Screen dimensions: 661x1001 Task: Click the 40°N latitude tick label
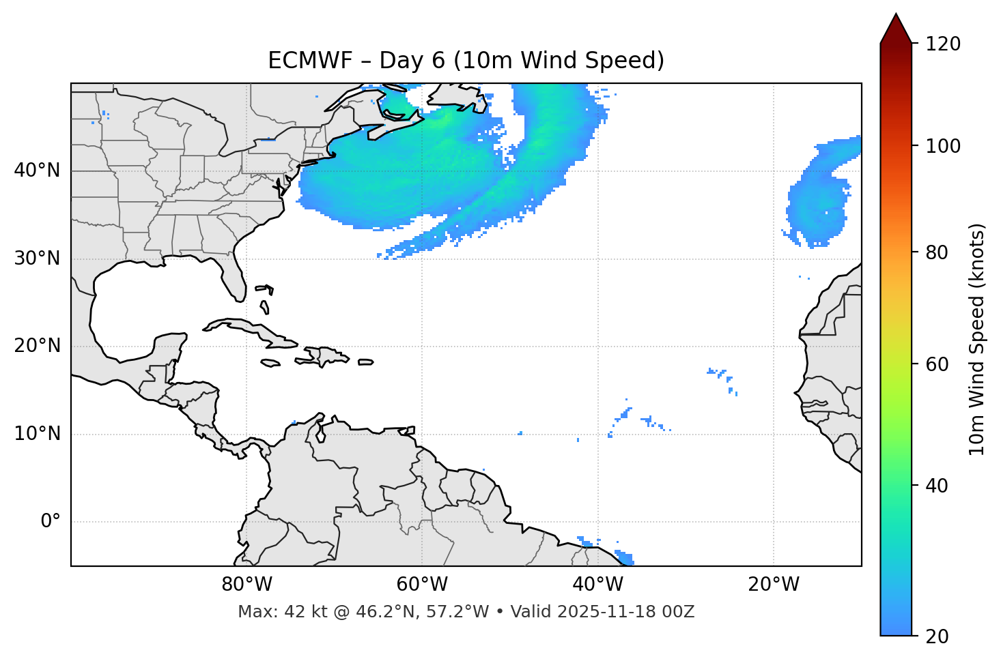(x=37, y=171)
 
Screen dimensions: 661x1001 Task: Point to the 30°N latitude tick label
(x=37, y=259)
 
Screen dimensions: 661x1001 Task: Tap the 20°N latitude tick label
(x=37, y=346)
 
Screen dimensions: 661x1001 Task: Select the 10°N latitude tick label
(x=37, y=434)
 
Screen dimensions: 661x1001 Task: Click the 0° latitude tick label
(x=51, y=522)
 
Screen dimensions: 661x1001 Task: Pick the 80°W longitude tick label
(x=246, y=585)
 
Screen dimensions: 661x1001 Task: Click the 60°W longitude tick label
(x=422, y=585)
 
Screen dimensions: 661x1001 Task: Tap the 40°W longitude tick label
(x=597, y=585)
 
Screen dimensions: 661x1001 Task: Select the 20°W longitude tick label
(x=773, y=585)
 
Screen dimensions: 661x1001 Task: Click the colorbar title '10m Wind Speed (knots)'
(x=977, y=339)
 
